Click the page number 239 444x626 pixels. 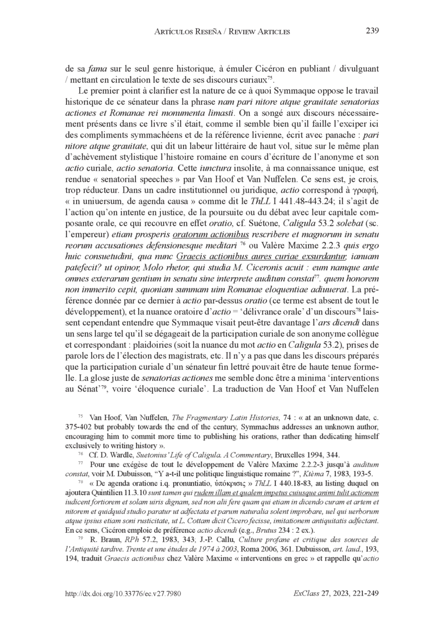(372, 30)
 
